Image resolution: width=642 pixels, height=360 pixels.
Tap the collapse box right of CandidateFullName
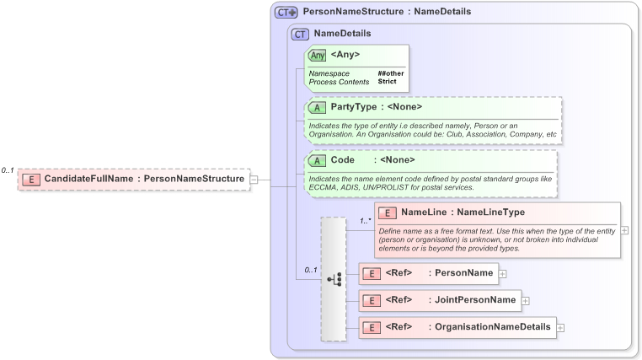(x=254, y=179)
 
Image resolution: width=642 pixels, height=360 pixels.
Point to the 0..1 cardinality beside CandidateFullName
(x=8, y=170)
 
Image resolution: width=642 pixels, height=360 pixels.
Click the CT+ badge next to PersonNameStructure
(x=286, y=13)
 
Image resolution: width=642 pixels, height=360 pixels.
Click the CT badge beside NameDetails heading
(x=299, y=34)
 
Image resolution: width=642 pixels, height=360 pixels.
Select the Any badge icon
(x=318, y=55)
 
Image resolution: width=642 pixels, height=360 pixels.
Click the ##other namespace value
(x=391, y=73)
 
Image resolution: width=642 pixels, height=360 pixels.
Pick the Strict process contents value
(x=388, y=82)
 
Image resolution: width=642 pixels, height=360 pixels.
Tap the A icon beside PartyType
(x=317, y=107)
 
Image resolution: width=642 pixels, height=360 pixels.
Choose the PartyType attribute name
(x=352, y=107)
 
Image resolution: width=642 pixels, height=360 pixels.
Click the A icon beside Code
(x=317, y=159)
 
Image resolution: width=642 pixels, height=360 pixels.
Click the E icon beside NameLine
(x=388, y=212)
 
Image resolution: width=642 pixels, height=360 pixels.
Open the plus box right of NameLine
(x=624, y=229)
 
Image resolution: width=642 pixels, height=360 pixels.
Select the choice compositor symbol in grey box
(x=334, y=278)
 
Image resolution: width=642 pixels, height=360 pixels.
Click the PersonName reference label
(x=462, y=273)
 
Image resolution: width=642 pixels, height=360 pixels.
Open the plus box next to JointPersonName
(x=525, y=300)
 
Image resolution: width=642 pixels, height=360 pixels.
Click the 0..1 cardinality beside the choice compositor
(x=310, y=270)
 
